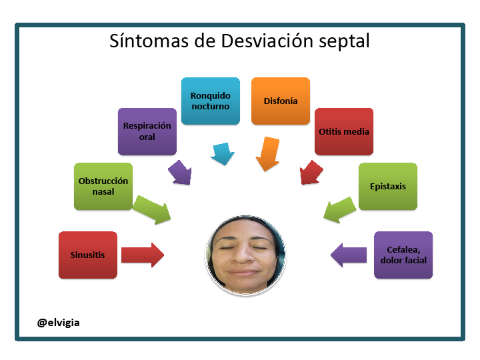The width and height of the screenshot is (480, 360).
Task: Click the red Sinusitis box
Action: pos(88,255)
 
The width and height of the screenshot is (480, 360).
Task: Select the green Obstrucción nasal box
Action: pos(103,187)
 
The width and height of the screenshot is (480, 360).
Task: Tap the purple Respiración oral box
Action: pos(147,131)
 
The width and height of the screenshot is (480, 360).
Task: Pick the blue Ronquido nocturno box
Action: pos(211,101)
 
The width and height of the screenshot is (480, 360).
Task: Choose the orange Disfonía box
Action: pos(281,101)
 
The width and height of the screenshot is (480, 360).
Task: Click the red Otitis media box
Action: pos(344,131)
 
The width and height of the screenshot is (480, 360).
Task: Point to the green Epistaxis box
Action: pos(388,187)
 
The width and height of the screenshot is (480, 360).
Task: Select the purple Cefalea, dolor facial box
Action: pos(403,255)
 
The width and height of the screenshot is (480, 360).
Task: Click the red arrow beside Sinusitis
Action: pos(143,255)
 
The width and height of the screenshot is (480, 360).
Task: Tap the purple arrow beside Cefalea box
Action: pos(349,255)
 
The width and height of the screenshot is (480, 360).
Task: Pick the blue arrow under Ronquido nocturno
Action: pos(223,153)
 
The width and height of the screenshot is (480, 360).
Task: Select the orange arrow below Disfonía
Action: pos(268,154)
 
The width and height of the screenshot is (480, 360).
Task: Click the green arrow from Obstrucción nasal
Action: pos(152,210)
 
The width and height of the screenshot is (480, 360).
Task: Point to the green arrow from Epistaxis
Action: pos(340,210)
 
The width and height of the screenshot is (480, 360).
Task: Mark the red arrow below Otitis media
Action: pos(311,173)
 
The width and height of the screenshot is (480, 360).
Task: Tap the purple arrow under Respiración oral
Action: pos(180,173)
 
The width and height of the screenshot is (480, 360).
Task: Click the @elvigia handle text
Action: pos(58,323)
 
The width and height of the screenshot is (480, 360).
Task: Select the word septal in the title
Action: pos(344,41)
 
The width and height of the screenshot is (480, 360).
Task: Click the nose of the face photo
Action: pos(242,255)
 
